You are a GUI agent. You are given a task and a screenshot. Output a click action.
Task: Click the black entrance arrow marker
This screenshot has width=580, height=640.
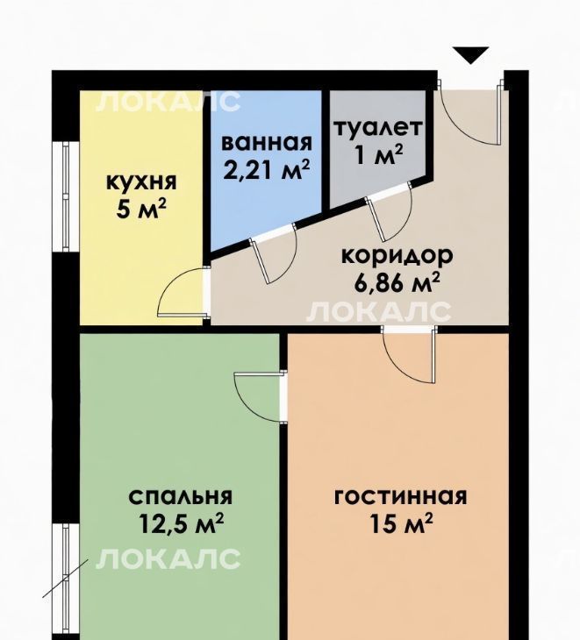tap(470, 55)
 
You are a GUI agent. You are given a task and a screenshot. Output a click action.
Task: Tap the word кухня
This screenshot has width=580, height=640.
tap(141, 182)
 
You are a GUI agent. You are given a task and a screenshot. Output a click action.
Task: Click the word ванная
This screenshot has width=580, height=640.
tap(267, 143)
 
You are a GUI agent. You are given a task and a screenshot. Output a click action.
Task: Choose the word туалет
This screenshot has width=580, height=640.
tap(378, 128)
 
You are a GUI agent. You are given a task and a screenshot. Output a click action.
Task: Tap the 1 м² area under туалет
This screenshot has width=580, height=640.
tap(379, 154)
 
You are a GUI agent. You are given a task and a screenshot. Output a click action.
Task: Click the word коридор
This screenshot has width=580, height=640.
tap(397, 257)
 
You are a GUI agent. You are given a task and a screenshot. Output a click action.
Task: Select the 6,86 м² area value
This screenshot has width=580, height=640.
tap(397, 283)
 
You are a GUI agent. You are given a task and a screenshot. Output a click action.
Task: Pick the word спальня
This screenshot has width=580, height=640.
tap(180, 497)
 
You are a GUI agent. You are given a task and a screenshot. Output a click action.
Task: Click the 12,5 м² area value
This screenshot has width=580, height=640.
tap(182, 523)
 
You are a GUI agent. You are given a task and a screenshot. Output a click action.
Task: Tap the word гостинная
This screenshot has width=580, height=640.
tap(400, 497)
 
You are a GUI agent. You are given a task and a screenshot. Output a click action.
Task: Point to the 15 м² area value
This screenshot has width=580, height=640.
tap(401, 523)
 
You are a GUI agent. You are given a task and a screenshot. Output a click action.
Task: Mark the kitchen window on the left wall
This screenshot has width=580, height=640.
tap(66, 196)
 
